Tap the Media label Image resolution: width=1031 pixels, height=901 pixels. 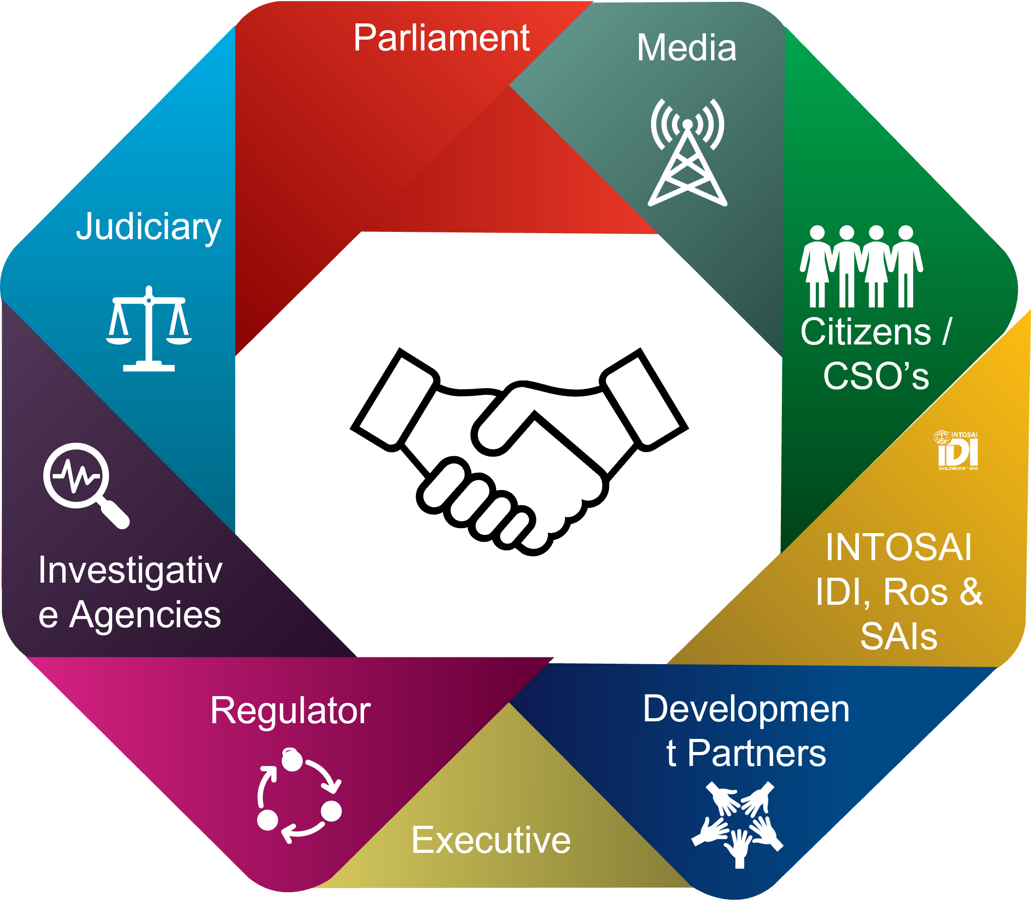(x=686, y=48)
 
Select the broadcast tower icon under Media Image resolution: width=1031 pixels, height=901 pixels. (x=687, y=154)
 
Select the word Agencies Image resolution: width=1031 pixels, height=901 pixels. (x=145, y=615)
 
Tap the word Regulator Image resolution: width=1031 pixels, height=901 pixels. (x=290, y=711)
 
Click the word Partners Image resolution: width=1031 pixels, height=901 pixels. (x=756, y=753)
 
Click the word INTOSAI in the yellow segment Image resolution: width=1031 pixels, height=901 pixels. (x=899, y=547)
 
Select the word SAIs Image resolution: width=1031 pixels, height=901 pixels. (x=899, y=636)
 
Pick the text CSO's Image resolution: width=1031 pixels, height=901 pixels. (x=876, y=376)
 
